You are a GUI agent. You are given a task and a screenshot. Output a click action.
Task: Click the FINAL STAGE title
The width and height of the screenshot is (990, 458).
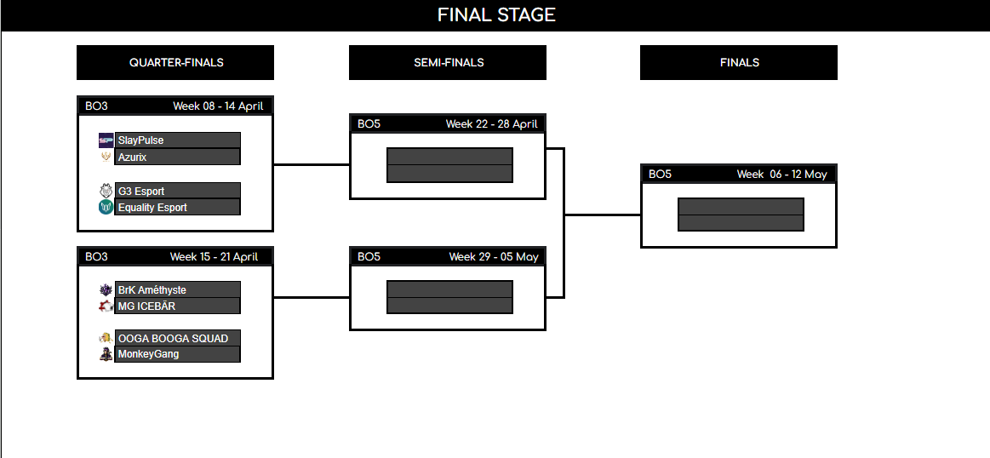pyautogui.click(x=495, y=15)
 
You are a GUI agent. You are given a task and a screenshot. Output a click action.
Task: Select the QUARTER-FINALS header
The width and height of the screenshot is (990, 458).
pyautogui.click(x=176, y=62)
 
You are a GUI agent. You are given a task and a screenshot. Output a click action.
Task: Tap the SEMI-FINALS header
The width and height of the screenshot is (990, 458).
pyautogui.click(x=448, y=62)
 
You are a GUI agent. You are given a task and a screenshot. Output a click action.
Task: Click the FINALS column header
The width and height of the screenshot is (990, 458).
pyautogui.click(x=739, y=62)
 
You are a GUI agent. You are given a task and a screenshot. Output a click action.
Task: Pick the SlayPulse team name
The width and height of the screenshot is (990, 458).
pyautogui.click(x=141, y=140)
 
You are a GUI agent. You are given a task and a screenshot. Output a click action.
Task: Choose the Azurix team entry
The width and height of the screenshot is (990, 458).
pyautogui.click(x=133, y=157)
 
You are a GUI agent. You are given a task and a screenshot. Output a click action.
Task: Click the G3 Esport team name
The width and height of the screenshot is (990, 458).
pyautogui.click(x=141, y=191)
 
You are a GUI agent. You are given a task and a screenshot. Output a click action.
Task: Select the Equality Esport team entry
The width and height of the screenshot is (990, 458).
pyautogui.click(x=152, y=207)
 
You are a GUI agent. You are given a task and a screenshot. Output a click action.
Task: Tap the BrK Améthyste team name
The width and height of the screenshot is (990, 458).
pyautogui.click(x=152, y=289)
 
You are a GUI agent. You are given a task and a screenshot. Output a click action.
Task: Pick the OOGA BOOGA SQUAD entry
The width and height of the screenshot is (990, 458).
pyautogui.click(x=173, y=338)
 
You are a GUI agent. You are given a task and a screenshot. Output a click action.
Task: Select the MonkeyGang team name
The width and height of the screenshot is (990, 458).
pyautogui.click(x=148, y=354)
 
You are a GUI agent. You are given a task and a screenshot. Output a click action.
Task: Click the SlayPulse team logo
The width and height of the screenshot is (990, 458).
pyautogui.click(x=106, y=140)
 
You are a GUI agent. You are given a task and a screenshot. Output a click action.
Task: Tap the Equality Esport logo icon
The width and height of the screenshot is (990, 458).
pyautogui.click(x=106, y=207)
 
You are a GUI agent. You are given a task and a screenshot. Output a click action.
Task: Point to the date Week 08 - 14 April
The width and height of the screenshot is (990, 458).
pyautogui.click(x=218, y=106)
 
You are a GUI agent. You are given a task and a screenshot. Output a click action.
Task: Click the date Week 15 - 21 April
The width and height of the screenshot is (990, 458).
pyautogui.click(x=214, y=256)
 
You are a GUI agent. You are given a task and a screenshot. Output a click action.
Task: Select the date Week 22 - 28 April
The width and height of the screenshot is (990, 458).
pyautogui.click(x=491, y=124)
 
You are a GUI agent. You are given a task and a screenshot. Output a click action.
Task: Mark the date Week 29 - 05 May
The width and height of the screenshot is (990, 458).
pyautogui.click(x=494, y=257)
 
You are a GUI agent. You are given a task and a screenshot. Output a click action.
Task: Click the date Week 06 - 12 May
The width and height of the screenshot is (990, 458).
pyautogui.click(x=781, y=175)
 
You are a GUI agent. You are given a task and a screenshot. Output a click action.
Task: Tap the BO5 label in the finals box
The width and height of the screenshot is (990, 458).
pyautogui.click(x=660, y=175)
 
